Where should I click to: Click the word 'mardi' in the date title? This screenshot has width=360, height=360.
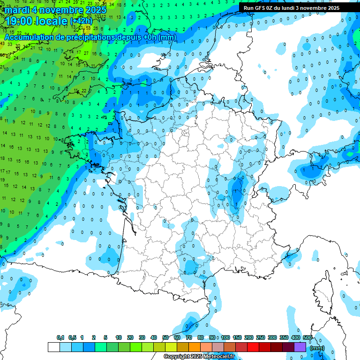(17, 9)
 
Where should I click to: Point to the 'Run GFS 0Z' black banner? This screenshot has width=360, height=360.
(292, 8)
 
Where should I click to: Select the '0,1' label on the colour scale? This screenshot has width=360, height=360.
(60, 338)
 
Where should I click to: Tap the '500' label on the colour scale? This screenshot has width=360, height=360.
(307, 338)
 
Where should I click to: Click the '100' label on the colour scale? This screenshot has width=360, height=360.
(225, 338)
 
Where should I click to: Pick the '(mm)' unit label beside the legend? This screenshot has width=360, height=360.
(318, 348)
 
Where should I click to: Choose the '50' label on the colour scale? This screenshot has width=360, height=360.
(165, 338)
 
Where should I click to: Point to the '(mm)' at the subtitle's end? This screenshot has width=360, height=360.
(167, 37)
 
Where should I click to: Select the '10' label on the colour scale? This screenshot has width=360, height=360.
(119, 338)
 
